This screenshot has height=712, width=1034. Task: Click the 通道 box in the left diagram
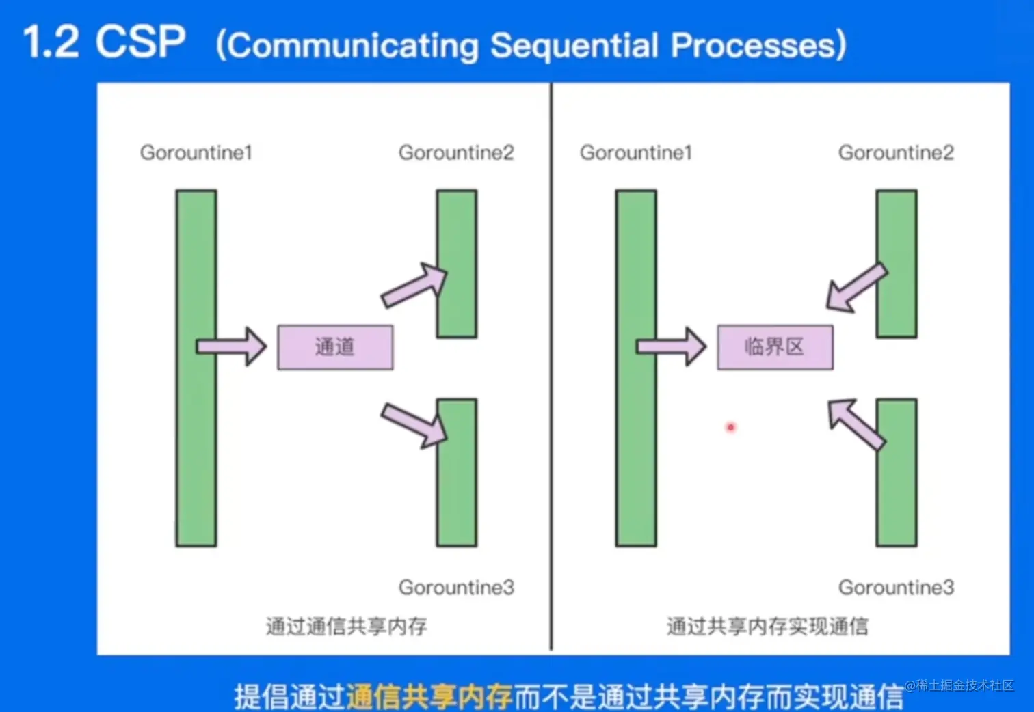[335, 347]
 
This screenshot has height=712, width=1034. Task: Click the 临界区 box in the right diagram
[775, 347]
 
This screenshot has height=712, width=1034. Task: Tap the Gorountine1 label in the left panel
[196, 152]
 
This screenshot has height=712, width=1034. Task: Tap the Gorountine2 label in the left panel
[456, 152]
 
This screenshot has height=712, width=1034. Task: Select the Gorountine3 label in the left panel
[456, 588]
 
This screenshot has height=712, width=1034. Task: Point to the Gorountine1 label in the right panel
[636, 152]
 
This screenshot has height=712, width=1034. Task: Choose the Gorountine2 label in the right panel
[896, 152]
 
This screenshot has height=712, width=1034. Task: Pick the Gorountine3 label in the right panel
[896, 588]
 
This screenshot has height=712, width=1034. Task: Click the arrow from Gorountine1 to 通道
[231, 346]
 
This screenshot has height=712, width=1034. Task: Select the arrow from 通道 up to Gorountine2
[414, 286]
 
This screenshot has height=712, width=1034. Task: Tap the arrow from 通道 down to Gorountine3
[414, 424]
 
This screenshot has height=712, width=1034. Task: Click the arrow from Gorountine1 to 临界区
[671, 346]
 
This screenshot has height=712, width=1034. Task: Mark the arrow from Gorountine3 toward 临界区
[855, 424]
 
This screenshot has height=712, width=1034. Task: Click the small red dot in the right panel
[730, 427]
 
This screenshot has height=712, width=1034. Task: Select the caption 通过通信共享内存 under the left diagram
[346, 626]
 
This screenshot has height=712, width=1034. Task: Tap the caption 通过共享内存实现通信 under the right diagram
[767, 626]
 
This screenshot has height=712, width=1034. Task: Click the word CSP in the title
[140, 42]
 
